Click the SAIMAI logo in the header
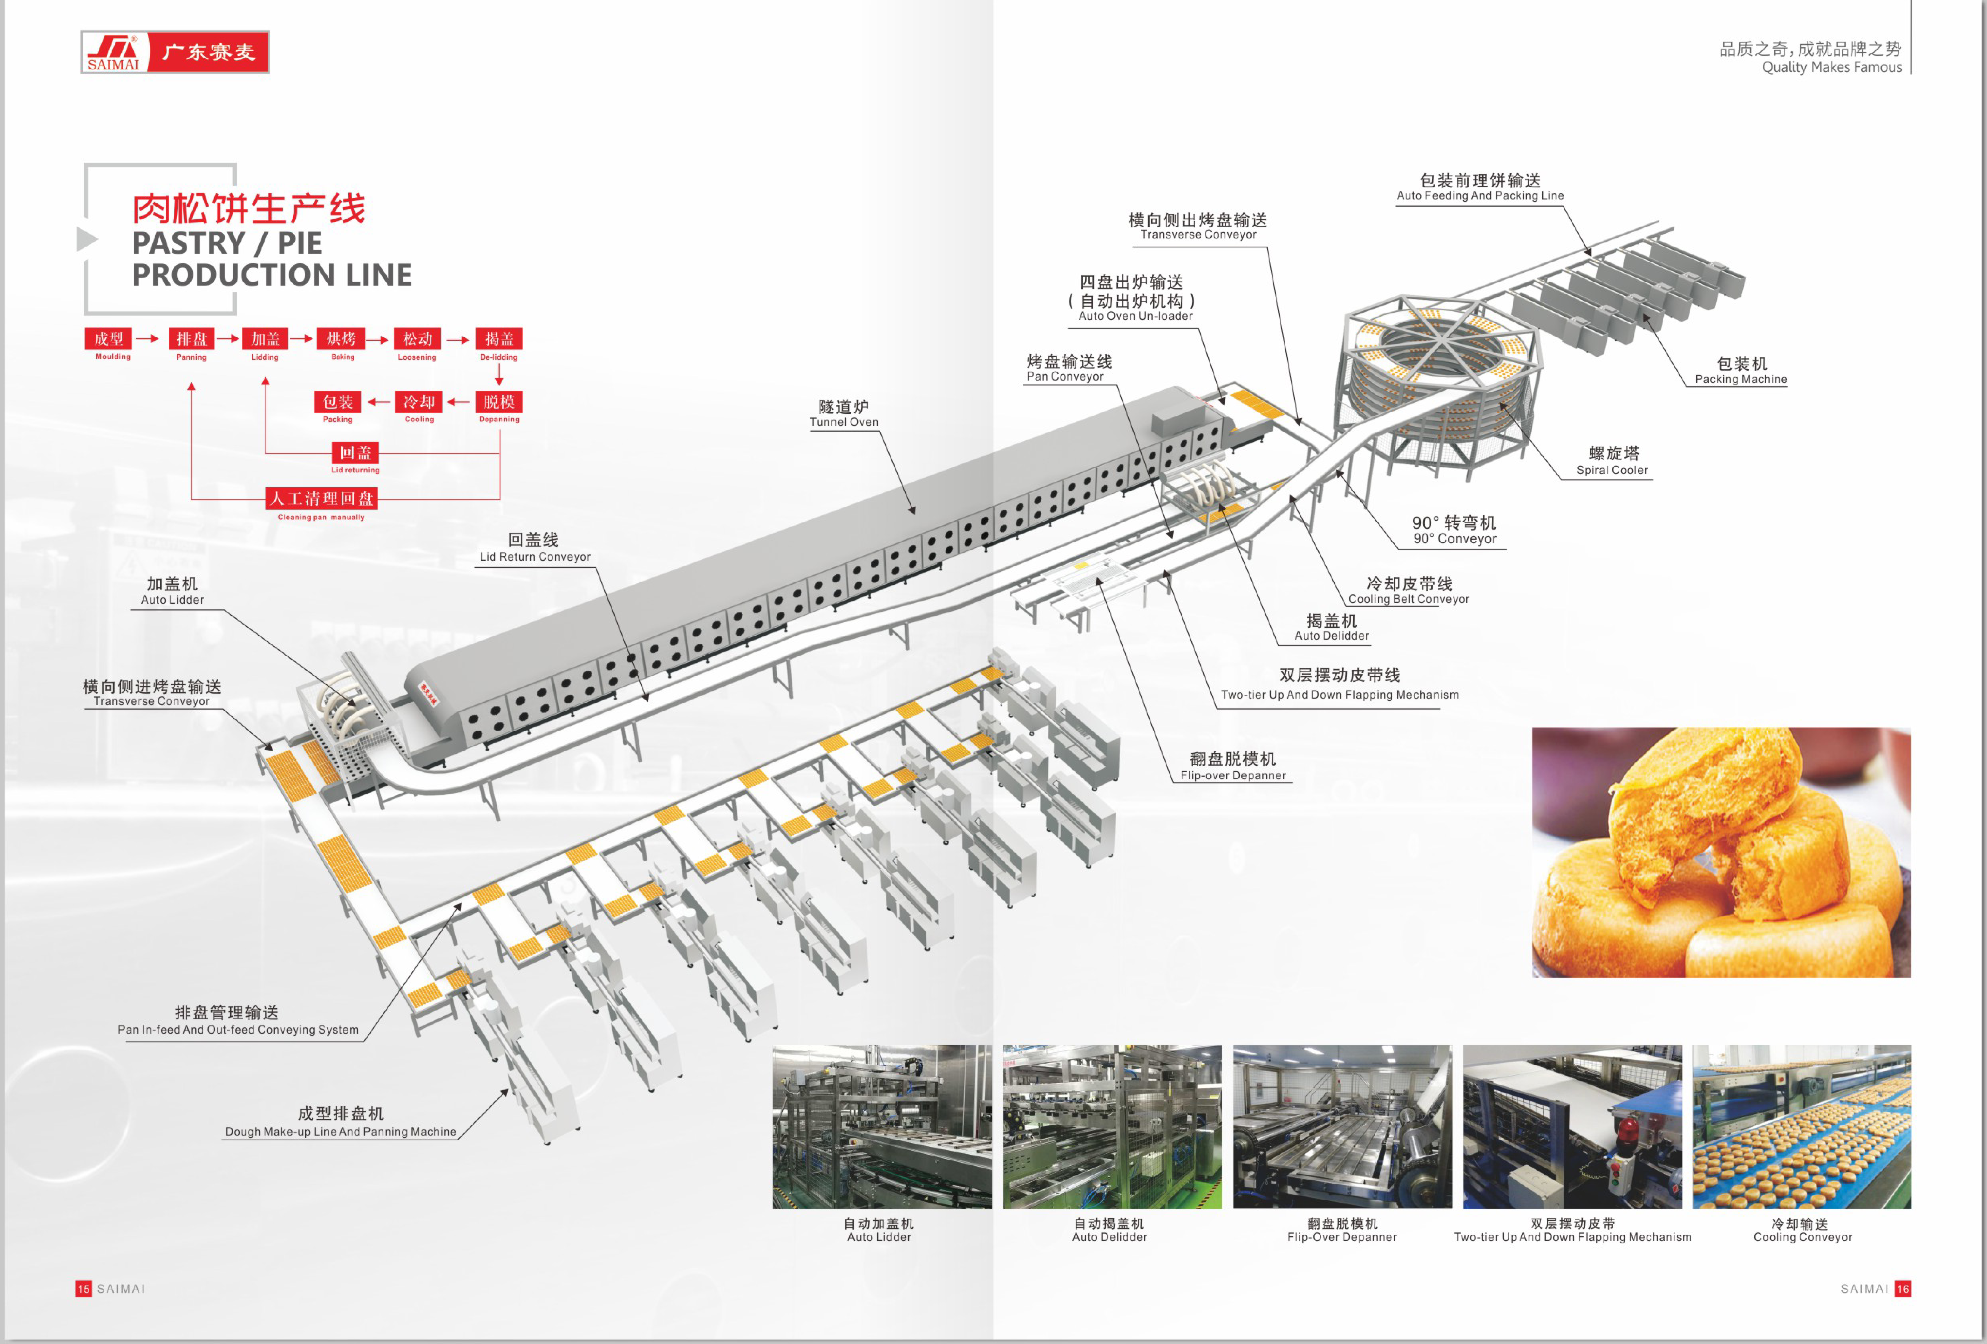175,52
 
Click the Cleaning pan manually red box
322,499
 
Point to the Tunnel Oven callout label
844,413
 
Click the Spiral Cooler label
1613,461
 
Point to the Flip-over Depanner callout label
1233,766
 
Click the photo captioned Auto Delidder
1111,1126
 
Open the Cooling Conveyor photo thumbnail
1801,1126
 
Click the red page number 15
83,1288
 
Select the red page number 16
1903,1288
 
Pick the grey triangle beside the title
86,239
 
